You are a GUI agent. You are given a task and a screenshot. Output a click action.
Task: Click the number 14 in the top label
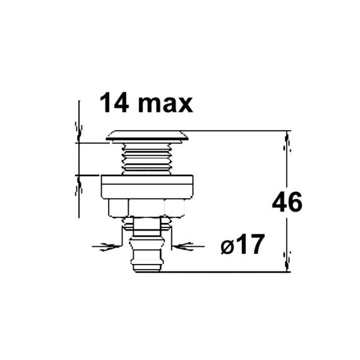pos(114,103)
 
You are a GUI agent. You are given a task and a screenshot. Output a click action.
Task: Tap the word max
pos(165,105)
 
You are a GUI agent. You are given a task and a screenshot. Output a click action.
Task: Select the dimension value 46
pos(287,202)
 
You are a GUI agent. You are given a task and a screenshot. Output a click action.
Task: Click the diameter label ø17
pos(243,244)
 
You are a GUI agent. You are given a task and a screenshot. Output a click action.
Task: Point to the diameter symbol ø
pos(227,247)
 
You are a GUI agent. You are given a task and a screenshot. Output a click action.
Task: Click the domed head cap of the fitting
pos(147,136)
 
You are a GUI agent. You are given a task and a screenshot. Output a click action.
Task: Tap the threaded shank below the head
pos(147,159)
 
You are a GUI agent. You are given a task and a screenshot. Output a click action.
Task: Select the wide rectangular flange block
pos(147,187)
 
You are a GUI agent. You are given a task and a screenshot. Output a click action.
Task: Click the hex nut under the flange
pos(147,208)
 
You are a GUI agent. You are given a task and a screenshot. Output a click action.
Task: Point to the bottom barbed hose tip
pos(147,262)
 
